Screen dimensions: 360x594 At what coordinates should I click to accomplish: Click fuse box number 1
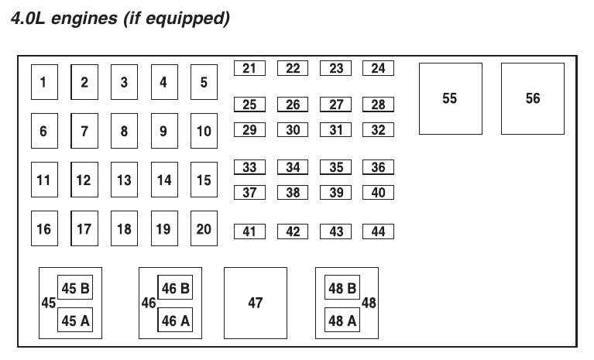pos(44,82)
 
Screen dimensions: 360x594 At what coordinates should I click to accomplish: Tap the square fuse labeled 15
pos(204,180)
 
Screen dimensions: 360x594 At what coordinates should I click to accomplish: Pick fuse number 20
pos(204,228)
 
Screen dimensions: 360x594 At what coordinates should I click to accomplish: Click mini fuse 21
pos(249,69)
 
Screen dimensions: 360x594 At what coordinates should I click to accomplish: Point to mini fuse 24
pos(378,69)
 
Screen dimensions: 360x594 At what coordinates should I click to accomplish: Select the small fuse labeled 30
pos(293,130)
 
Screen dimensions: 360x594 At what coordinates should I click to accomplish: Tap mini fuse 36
pos(378,167)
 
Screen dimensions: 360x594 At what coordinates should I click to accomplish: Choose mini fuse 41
pos(249,231)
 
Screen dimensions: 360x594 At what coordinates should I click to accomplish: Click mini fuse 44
pos(378,231)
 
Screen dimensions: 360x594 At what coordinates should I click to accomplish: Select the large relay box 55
pos(450,98)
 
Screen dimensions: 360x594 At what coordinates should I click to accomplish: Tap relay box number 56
pos(532,98)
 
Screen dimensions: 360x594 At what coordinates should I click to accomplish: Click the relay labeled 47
pos(255,303)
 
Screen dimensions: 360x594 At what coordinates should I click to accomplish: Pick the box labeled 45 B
pos(75,289)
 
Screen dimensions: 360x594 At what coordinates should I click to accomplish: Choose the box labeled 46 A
pos(175,319)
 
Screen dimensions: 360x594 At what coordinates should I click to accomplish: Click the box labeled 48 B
pos(342,289)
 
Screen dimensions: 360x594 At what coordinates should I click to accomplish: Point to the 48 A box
pos(342,319)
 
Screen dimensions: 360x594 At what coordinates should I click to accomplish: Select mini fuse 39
pos(336,193)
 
